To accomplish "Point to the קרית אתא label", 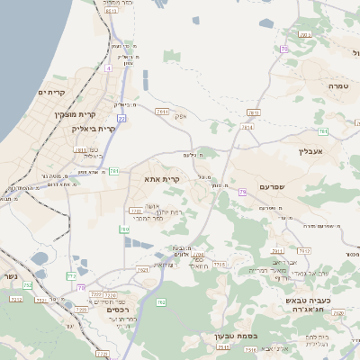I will (x=162, y=179).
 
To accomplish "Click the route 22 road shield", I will (x=121, y=118).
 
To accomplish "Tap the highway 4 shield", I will (x=108, y=67).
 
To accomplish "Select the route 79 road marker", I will (x=242, y=192).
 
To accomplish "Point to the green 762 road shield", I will (x=161, y=301).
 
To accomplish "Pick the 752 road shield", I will (x=27, y=284).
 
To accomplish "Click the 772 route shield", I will (x=71, y=275).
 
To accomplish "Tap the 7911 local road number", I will (x=277, y=251).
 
